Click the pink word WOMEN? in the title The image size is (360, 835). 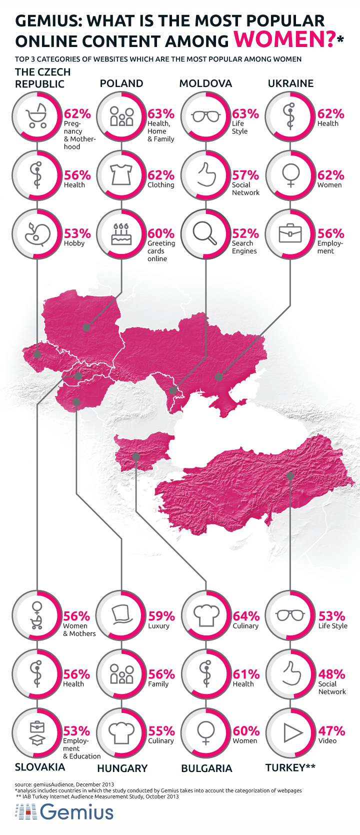point(284,39)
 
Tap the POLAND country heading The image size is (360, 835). point(121,83)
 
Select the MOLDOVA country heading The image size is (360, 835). point(205,83)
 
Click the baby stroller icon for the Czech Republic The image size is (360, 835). point(37,116)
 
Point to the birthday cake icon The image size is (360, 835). point(121,234)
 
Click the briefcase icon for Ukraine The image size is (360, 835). point(290,233)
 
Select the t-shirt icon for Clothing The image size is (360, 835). point(121,175)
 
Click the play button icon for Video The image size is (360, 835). point(291,733)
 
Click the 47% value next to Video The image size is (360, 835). point(331,730)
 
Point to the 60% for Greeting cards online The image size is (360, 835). point(161,233)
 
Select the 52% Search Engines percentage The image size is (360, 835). point(245,233)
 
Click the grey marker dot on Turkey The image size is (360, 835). point(290,476)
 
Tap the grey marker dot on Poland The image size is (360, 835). point(86,327)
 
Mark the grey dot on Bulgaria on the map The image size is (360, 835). point(136,456)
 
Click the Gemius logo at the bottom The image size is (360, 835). point(65,812)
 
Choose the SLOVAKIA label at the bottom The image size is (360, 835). point(40,767)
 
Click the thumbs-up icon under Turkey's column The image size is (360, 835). point(291,674)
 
